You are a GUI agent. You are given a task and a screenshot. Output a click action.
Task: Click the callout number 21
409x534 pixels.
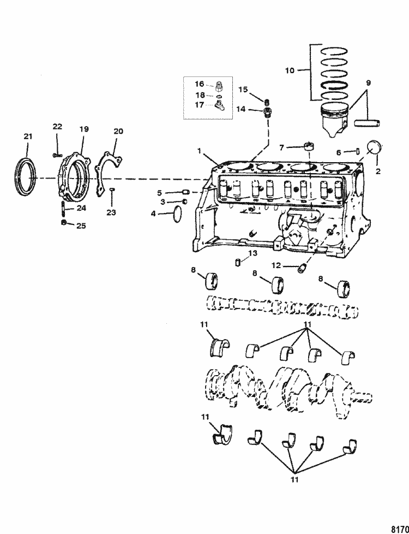[x=28, y=136]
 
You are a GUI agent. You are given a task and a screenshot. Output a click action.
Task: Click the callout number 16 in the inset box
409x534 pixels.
[x=199, y=84]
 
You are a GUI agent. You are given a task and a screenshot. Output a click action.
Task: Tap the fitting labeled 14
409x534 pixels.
[x=268, y=114]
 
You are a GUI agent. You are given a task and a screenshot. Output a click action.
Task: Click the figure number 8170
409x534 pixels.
[x=400, y=528]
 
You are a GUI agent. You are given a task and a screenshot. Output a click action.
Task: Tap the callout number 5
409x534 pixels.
[x=160, y=193]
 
